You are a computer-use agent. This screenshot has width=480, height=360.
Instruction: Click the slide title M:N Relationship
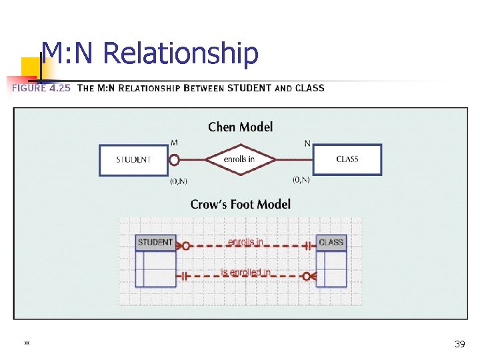click(x=149, y=53)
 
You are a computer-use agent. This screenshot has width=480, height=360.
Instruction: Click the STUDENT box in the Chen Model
click(x=133, y=160)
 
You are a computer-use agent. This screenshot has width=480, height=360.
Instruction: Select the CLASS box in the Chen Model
click(x=347, y=159)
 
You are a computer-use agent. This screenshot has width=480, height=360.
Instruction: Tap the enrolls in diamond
click(x=239, y=159)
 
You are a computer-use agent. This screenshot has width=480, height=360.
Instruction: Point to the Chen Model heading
click(x=240, y=127)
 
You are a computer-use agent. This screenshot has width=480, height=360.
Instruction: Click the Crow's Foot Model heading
click(x=240, y=204)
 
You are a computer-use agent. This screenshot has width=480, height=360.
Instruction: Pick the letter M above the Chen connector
click(x=174, y=143)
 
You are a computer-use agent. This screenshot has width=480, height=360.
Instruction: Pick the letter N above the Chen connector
click(x=307, y=143)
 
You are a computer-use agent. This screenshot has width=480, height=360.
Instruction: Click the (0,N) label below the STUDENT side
click(x=178, y=180)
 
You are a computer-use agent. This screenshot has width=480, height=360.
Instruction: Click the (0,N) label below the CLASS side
click(x=301, y=179)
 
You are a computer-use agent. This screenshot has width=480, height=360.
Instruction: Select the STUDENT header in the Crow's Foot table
click(x=155, y=242)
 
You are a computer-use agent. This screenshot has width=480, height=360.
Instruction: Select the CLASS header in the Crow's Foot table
click(x=331, y=242)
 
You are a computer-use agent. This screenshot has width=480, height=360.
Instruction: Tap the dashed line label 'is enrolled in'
click(x=245, y=272)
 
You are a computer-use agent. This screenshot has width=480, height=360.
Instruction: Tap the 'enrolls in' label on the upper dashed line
click(x=245, y=241)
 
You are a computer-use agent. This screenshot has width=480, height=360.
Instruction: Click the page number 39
click(x=459, y=344)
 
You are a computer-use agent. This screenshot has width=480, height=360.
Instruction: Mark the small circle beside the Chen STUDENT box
click(x=175, y=160)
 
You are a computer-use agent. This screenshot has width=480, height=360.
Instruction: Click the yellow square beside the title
click(x=30, y=67)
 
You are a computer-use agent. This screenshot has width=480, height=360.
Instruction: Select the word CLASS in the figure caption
click(x=309, y=88)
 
